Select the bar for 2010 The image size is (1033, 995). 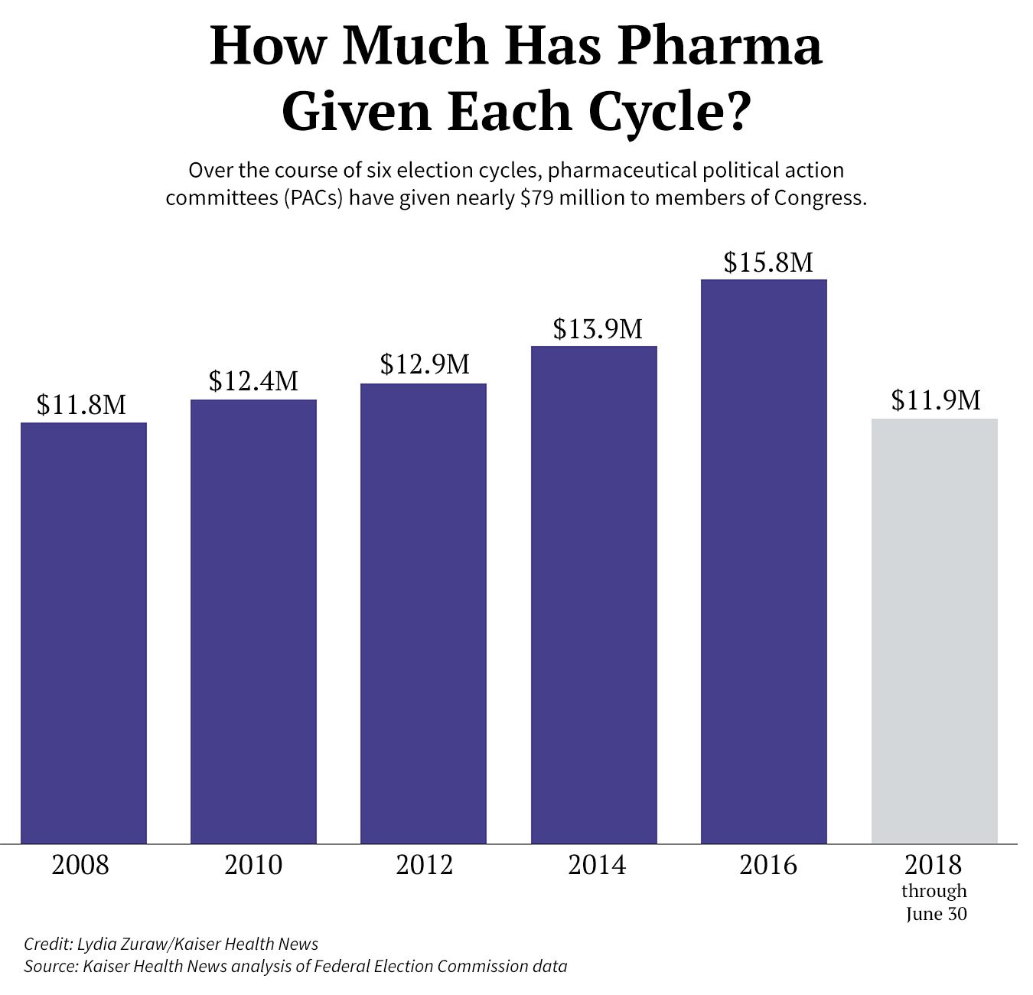(x=253, y=621)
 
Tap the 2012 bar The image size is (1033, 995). (x=423, y=613)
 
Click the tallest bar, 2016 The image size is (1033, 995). (x=764, y=561)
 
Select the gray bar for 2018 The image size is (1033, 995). (x=934, y=631)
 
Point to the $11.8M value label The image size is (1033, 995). (x=82, y=405)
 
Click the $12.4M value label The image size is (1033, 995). (x=253, y=381)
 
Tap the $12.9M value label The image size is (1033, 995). (x=425, y=364)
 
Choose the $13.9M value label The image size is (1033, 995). (x=598, y=329)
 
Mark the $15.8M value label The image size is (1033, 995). (x=768, y=263)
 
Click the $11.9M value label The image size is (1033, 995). (x=936, y=400)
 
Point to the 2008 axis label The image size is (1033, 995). (x=80, y=865)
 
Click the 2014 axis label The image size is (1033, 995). (x=597, y=865)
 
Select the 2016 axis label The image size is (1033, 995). (x=768, y=865)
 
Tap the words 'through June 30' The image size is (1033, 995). (x=935, y=902)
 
